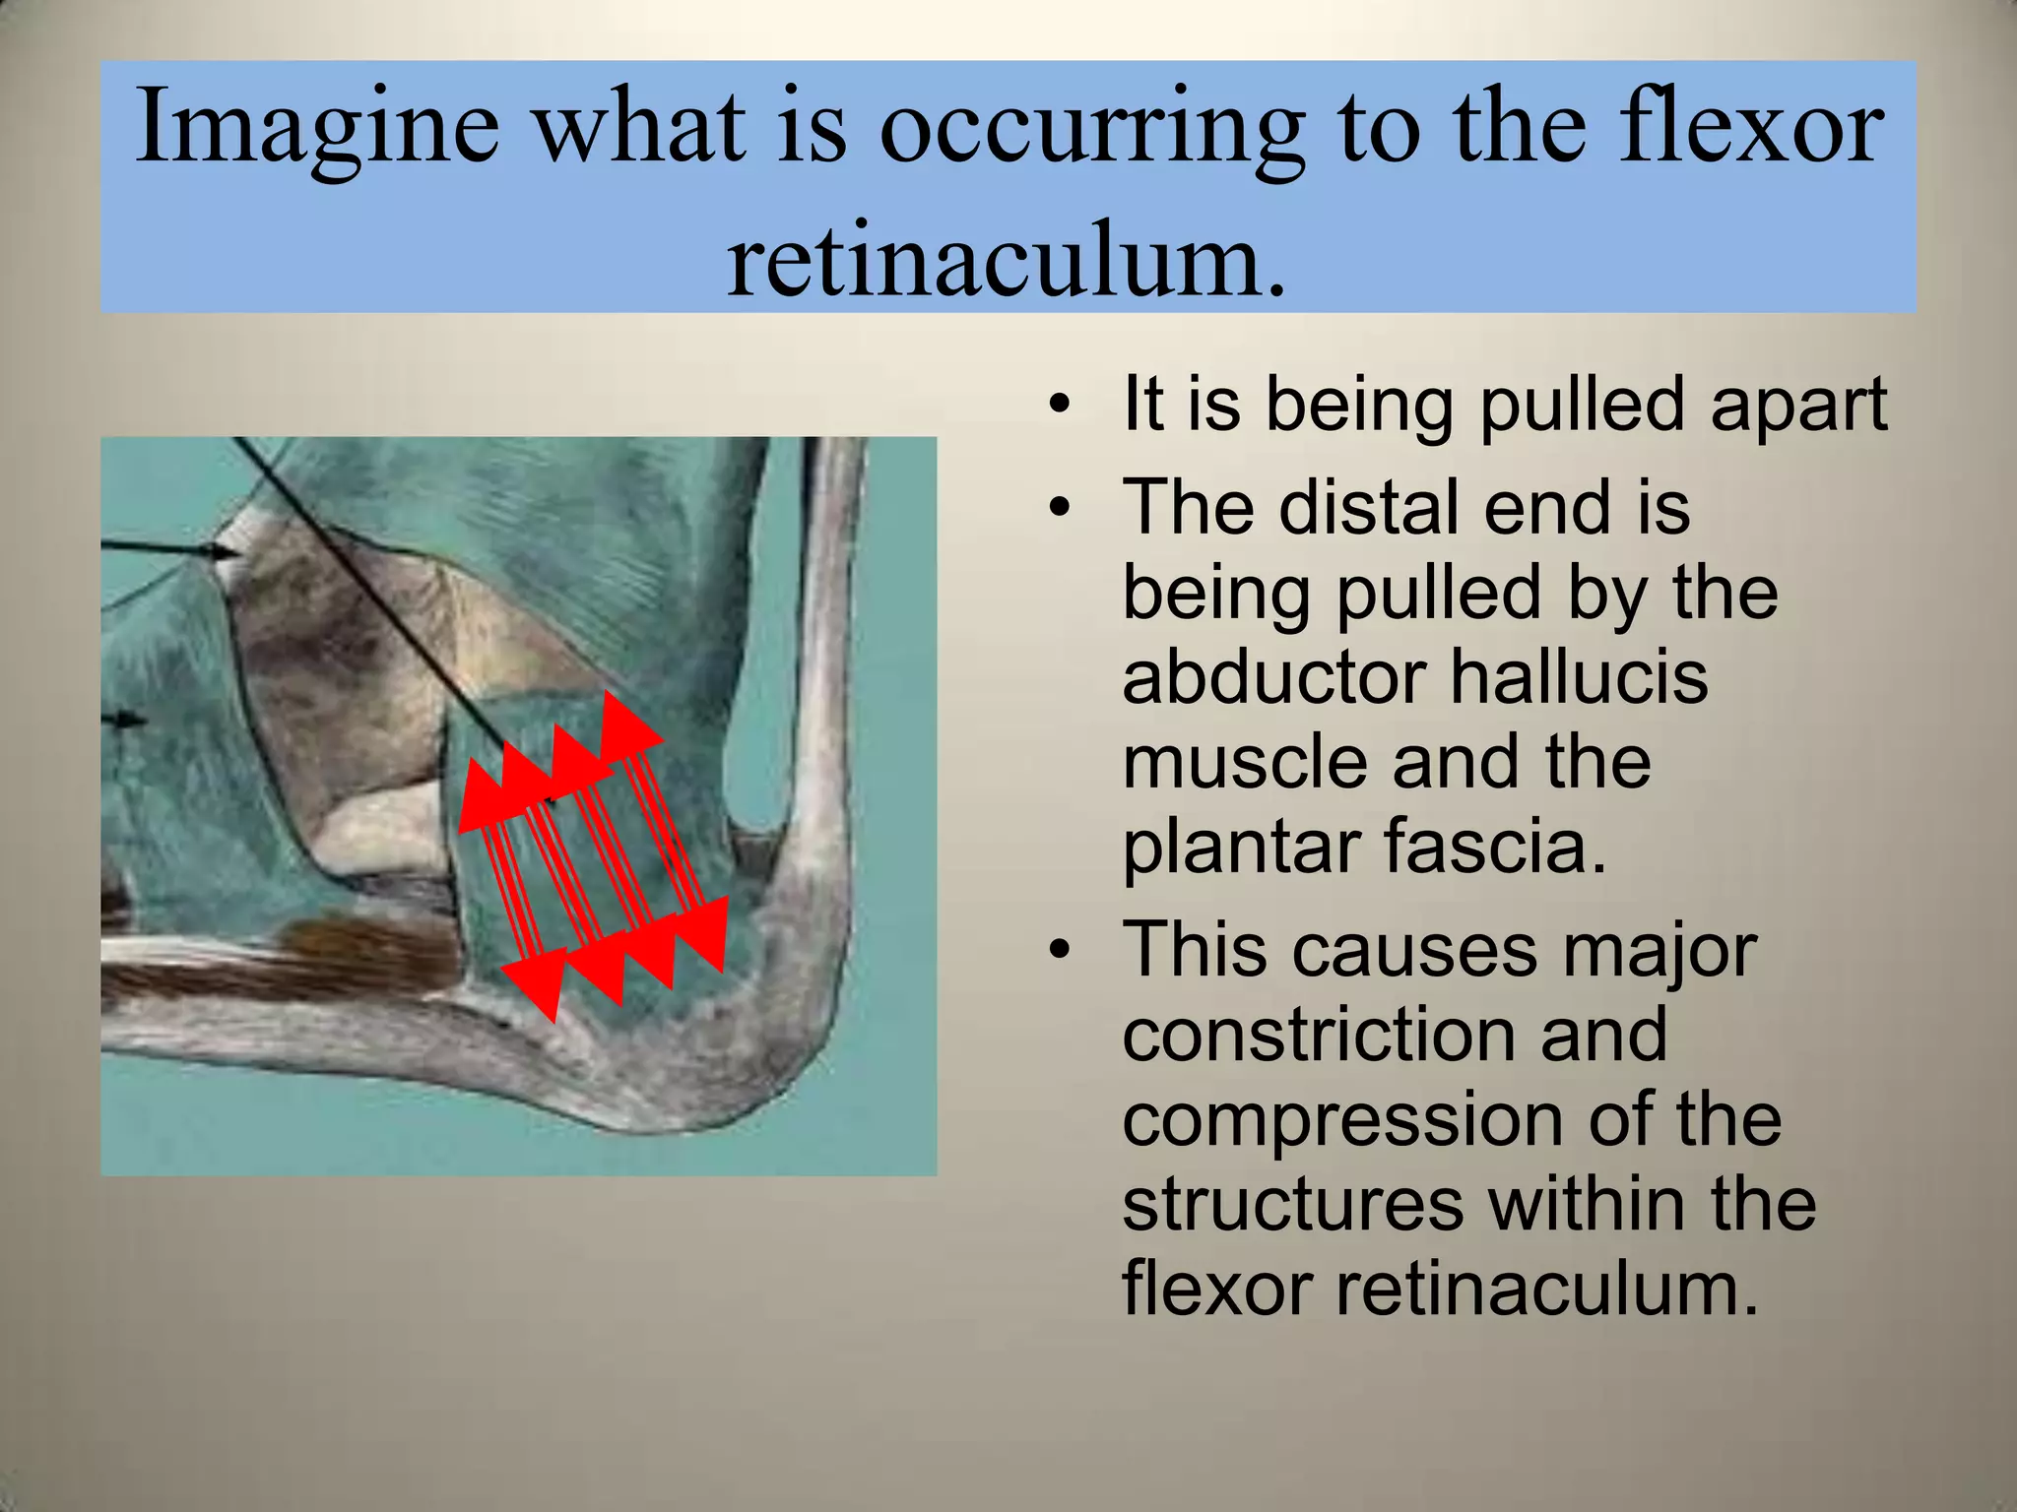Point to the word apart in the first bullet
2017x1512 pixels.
(1798, 406)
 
